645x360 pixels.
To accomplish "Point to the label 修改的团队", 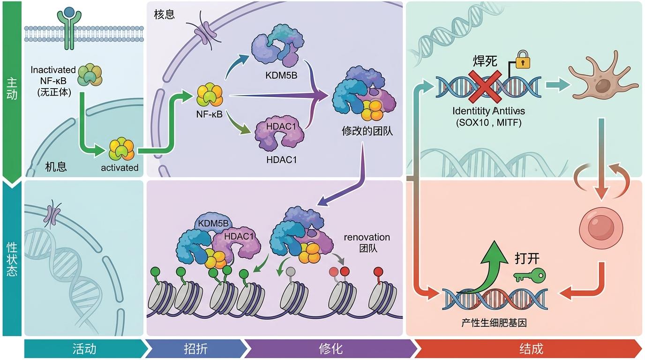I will coord(367,131).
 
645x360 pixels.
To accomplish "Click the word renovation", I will coord(367,237).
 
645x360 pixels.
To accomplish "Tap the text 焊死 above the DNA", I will coord(485,60).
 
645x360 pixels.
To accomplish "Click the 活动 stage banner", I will coord(84,349).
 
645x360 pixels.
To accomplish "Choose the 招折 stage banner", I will coord(196,349).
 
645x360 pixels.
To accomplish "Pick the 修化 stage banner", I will coord(330,349).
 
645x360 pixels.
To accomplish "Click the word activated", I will coord(120,168).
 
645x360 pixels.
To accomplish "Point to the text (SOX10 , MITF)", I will coord(489,123).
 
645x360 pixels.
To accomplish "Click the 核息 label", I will coord(164,15).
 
